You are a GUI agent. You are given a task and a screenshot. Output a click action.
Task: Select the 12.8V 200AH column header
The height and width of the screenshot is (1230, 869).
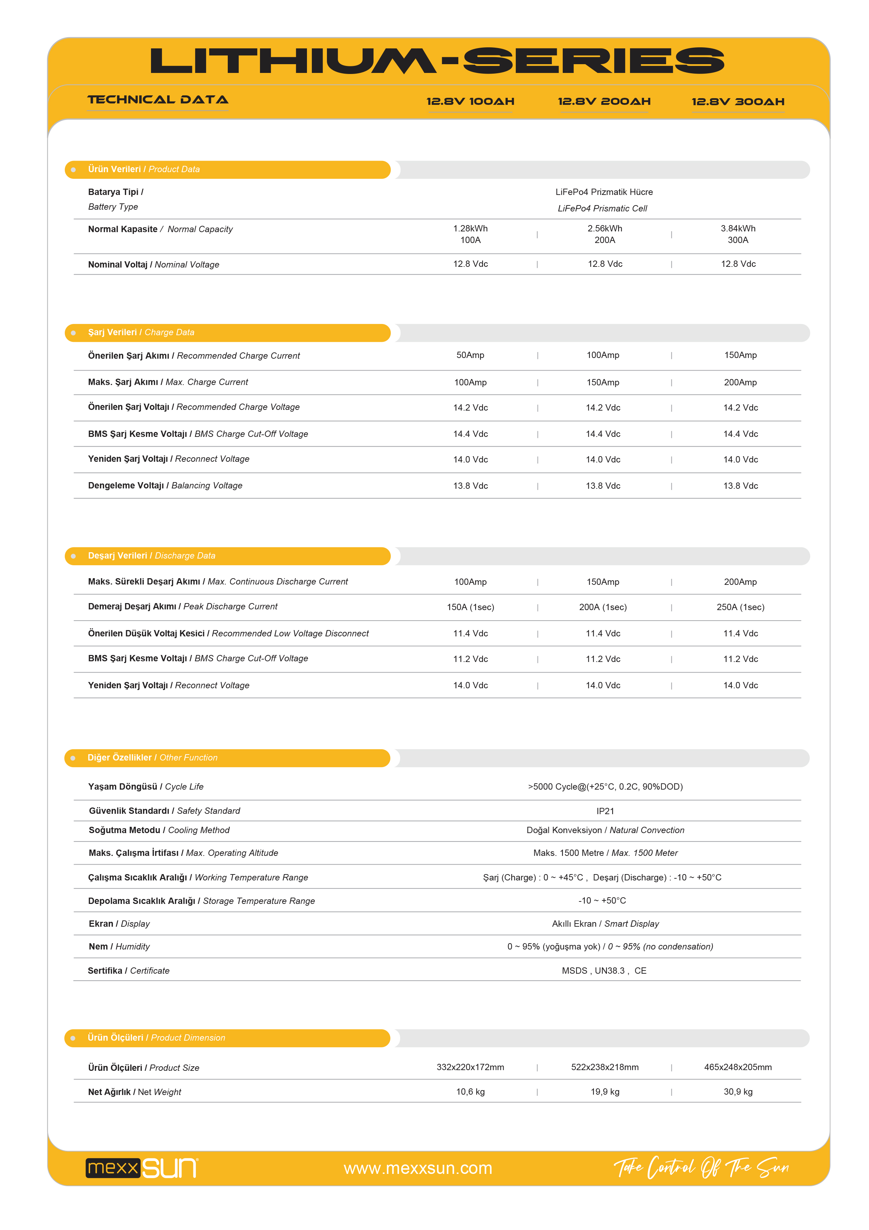pos(604,101)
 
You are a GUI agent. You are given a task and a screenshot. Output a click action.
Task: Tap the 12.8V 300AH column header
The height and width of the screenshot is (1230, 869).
pos(738,101)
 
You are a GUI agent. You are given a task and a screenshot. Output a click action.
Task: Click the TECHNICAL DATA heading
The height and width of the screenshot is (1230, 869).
pos(158,100)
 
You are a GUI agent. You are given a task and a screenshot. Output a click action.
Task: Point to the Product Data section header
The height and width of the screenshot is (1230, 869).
pos(144,169)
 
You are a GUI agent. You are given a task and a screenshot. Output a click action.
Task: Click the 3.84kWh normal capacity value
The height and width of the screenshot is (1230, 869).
pos(738,229)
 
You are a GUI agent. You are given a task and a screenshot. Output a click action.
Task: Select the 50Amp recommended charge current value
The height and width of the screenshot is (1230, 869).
pos(470,355)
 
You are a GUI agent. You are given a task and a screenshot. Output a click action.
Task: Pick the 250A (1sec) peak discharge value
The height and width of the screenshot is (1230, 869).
pos(740,607)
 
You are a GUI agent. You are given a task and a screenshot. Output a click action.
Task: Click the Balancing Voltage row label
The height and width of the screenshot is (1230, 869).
pos(165,485)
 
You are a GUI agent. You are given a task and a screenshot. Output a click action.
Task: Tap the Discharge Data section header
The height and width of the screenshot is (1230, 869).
pos(151,555)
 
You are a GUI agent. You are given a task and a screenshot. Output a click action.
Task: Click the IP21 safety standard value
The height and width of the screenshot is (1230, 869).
pos(605,811)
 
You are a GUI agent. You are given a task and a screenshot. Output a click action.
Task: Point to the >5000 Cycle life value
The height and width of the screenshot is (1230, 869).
pos(605,786)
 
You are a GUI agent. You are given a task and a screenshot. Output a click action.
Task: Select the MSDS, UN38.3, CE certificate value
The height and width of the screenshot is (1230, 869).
pos(604,971)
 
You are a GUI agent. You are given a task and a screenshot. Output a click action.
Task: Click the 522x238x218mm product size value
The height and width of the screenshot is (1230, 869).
pos(604,1067)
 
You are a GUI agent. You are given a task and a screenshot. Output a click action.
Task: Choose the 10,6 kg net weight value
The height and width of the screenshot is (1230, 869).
pos(470,1092)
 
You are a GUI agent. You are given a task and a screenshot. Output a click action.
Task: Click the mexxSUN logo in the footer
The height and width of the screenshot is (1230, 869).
pos(142,1168)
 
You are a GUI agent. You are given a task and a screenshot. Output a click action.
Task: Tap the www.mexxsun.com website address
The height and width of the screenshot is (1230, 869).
pos(418,1168)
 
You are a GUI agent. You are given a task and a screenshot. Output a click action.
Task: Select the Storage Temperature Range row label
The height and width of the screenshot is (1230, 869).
pos(201,901)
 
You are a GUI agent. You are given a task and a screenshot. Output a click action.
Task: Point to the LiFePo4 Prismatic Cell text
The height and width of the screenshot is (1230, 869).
pos(602,208)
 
